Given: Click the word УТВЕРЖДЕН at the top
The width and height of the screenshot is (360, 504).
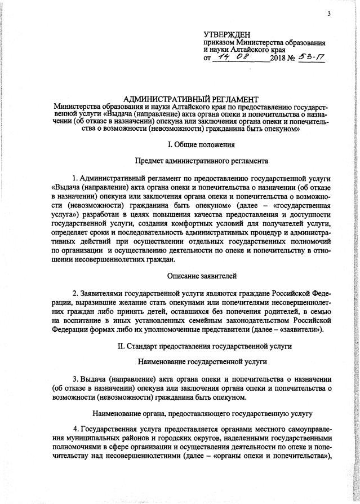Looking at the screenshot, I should click(228, 35).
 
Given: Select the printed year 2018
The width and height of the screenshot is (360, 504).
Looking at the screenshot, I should click(279, 59).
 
